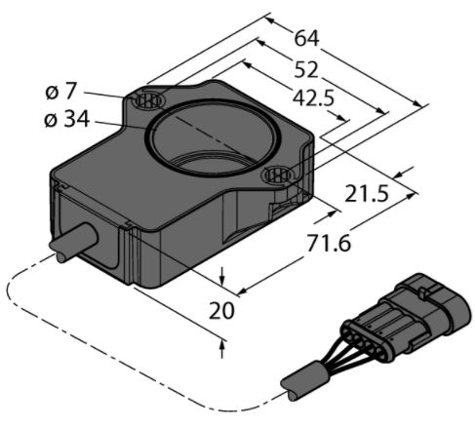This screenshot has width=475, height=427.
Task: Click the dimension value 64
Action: coord(306,38)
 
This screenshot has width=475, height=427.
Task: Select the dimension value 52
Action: coord(306,70)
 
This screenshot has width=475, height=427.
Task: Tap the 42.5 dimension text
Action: coord(313,97)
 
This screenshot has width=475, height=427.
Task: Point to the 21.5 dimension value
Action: coord(367,194)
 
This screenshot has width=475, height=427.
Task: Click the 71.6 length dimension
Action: coord(329,243)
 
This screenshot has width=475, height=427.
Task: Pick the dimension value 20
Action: coord(221,310)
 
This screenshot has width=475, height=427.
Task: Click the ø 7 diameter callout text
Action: coord(61,92)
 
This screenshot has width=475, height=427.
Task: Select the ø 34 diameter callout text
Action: coord(67,120)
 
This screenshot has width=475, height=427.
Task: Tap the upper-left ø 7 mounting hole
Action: coord(146,100)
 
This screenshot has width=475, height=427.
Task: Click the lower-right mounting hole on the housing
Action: coord(277,175)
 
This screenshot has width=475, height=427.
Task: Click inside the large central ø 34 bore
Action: coord(213,138)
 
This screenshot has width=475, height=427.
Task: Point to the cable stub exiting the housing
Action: coord(73,242)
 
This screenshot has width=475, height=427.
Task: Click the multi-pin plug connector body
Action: coord(407,318)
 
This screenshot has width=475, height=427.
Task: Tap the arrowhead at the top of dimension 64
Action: coord(270,20)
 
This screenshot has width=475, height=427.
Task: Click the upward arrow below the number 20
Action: coord(222,348)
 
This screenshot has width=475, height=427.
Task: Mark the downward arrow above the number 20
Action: coord(222,276)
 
